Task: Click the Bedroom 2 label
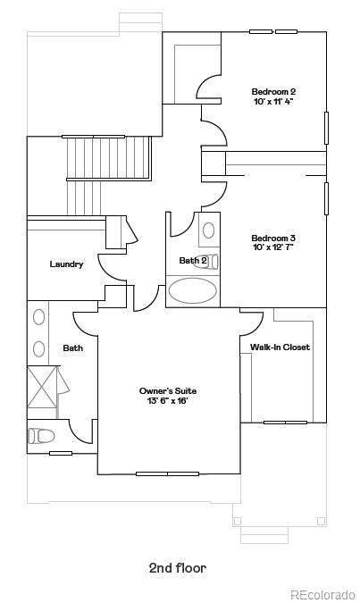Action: [273, 91]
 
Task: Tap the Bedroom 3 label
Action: [273, 238]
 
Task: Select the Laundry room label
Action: [67, 264]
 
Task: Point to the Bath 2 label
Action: [193, 261]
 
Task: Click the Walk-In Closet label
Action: [280, 347]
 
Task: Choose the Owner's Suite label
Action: [168, 390]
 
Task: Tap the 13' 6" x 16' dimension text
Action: [168, 401]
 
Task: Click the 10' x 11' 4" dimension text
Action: [273, 102]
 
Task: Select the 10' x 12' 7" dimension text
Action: [273, 247]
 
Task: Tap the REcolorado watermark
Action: [322, 595]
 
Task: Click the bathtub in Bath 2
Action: [193, 290]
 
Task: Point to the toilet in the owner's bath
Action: [41, 436]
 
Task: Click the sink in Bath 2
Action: [208, 230]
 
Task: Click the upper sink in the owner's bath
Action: [39, 317]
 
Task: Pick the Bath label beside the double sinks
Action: [72, 348]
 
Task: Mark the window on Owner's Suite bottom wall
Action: [168, 473]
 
